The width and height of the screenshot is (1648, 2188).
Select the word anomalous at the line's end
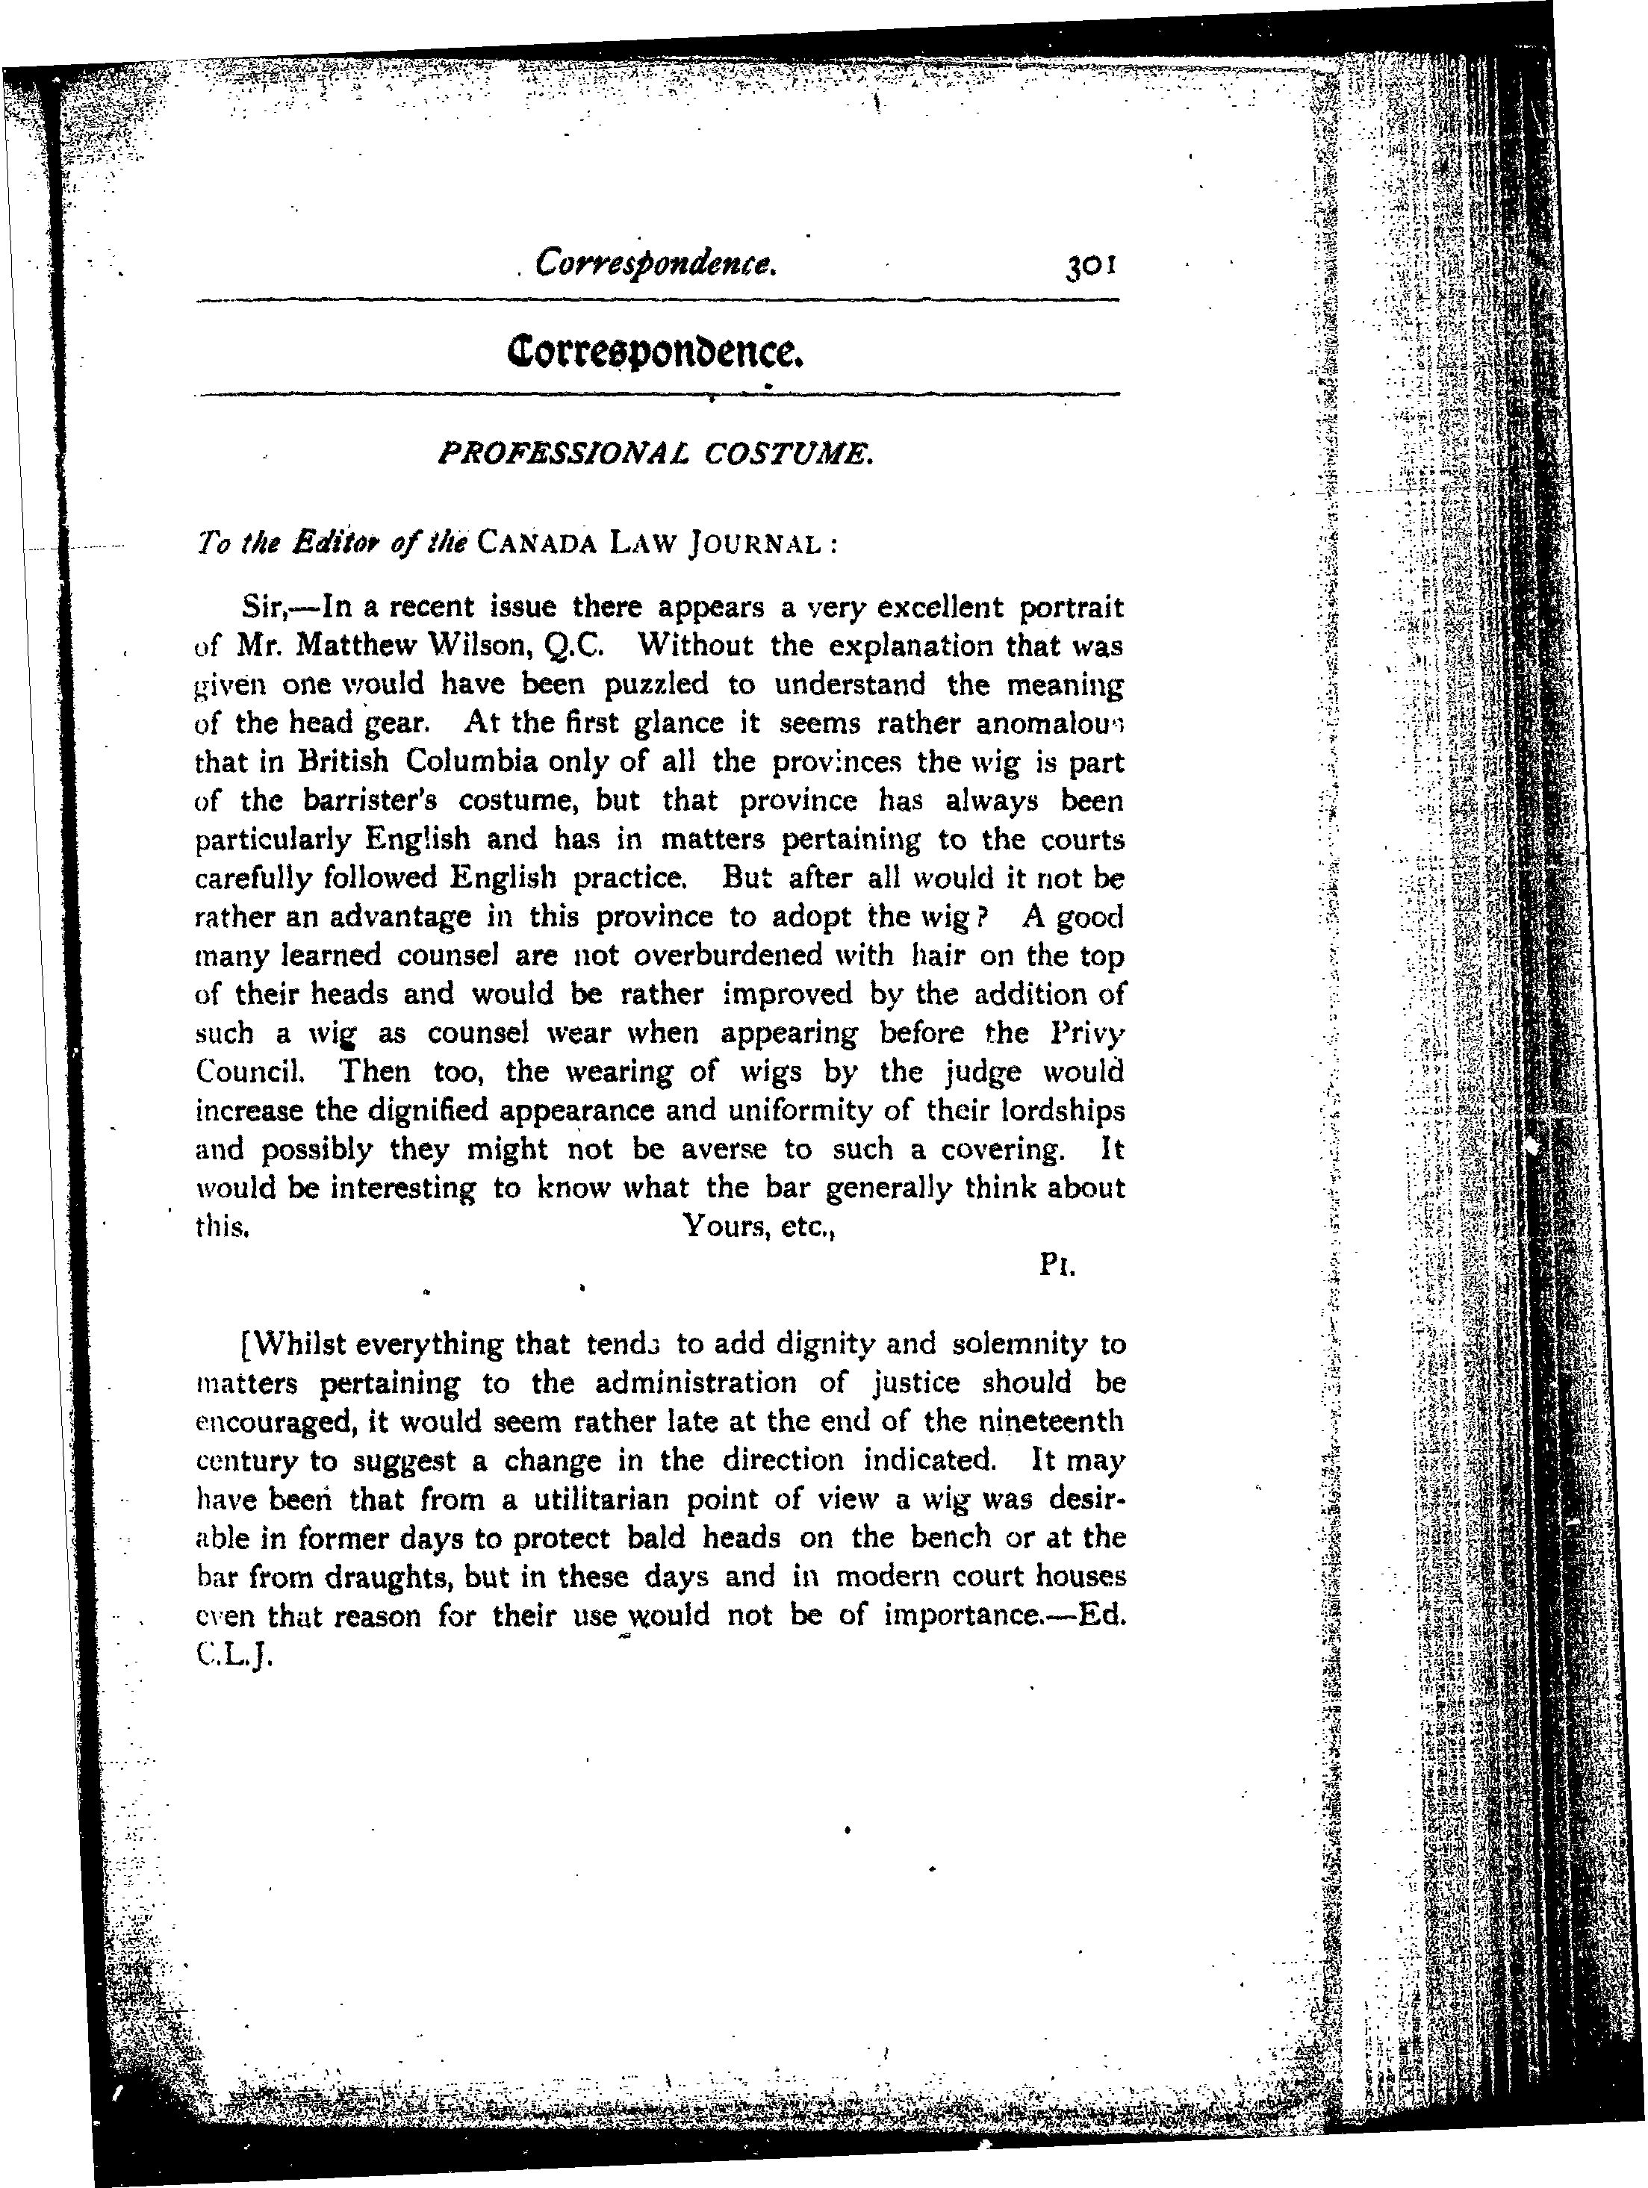(x=1051, y=723)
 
